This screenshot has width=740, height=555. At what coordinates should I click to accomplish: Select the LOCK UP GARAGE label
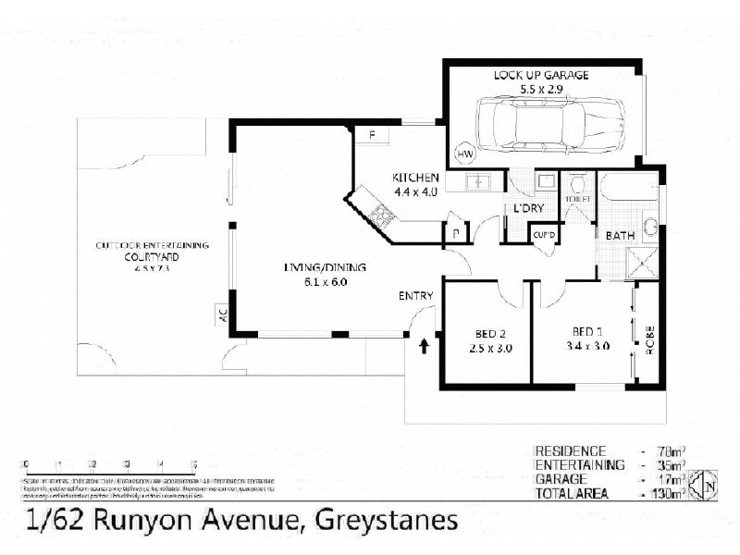[541, 76]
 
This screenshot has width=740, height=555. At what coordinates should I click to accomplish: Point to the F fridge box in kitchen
[372, 136]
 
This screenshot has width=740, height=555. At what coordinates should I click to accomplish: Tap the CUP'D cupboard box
[543, 234]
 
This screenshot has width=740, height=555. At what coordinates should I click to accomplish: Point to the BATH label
[619, 236]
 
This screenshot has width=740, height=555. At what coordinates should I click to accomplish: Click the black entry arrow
[425, 346]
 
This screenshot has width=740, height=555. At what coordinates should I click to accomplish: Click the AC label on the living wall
[222, 314]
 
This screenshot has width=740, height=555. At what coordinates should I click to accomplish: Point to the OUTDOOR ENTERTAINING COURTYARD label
[153, 251]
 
